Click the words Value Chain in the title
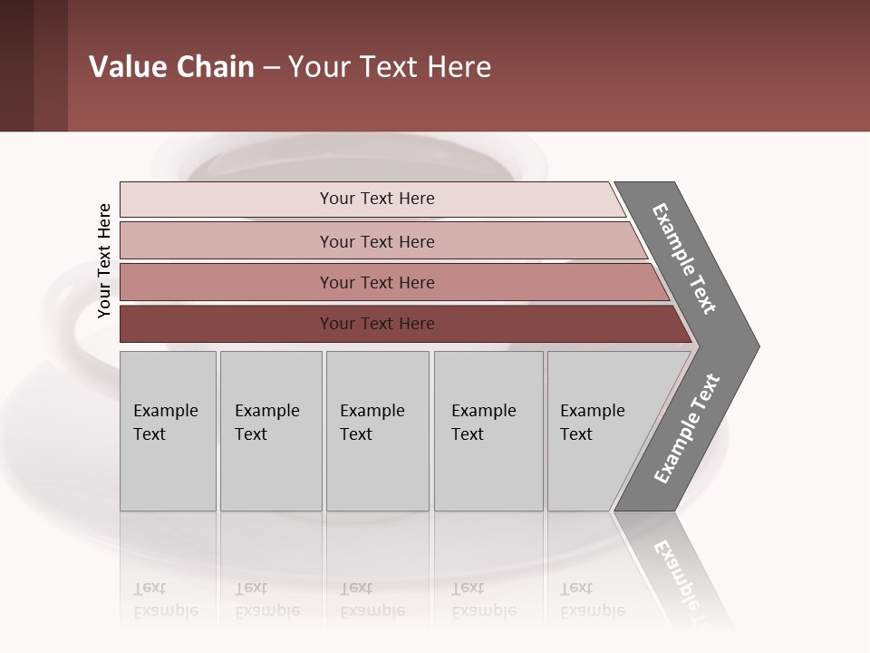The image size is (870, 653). [171, 67]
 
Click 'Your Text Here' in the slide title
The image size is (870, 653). [390, 67]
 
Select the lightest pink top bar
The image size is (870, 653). [227, 199]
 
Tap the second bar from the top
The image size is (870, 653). [227, 241]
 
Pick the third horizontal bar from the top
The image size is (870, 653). [227, 282]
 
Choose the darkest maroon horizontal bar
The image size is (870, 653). [227, 324]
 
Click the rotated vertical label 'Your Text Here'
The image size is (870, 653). [104, 261]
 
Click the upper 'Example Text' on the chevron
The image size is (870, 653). [684, 258]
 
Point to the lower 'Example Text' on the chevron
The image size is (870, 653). [686, 429]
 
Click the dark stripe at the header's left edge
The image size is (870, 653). [16, 65]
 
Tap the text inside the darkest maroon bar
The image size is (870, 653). [377, 324]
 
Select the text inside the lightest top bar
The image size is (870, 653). [377, 199]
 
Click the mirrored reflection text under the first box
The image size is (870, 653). [165, 599]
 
